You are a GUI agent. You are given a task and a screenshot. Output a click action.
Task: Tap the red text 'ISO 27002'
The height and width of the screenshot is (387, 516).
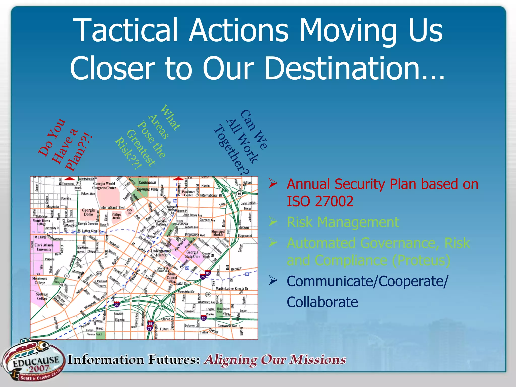[x=320, y=201]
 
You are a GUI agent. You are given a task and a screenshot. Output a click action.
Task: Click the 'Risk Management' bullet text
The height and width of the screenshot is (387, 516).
[x=343, y=222]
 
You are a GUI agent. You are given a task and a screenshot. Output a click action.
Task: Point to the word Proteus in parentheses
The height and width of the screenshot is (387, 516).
[x=421, y=260]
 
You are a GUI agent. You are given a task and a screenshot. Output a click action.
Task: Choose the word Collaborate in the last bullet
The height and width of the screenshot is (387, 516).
[x=322, y=302]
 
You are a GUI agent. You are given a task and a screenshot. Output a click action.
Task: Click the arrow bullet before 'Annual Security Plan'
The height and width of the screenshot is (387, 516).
[x=273, y=183]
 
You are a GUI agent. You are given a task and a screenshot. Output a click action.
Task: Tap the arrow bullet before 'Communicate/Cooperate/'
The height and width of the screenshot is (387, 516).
[x=273, y=280]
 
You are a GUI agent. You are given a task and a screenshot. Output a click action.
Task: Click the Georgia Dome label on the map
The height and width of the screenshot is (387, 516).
[x=88, y=212]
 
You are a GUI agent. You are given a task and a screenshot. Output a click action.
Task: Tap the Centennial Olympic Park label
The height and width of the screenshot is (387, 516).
[x=147, y=186]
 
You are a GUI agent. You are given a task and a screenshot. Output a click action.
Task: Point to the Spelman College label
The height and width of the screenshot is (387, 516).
[x=42, y=296]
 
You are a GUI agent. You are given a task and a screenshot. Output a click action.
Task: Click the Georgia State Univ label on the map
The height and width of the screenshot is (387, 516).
[x=192, y=254]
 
